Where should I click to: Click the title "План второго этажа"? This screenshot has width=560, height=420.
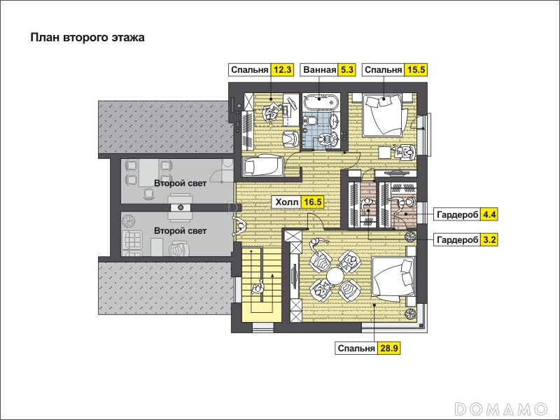[87, 38]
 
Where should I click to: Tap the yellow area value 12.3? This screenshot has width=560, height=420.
[282, 69]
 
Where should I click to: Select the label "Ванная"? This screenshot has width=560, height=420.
[320, 69]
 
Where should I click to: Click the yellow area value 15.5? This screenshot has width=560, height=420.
[416, 69]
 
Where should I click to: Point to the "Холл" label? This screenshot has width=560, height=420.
[287, 202]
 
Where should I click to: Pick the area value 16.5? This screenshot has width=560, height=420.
[312, 202]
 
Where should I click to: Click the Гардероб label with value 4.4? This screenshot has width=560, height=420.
[458, 215]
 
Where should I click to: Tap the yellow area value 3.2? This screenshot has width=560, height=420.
[489, 239]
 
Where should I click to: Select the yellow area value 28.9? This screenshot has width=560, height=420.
[389, 348]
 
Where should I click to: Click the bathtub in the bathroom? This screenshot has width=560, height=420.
[321, 101]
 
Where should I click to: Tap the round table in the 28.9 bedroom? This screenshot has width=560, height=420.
[335, 276]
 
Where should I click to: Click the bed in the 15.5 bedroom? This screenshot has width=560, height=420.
[386, 115]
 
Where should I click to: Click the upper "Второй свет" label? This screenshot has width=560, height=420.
[180, 183]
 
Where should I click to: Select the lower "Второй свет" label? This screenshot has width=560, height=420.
[180, 231]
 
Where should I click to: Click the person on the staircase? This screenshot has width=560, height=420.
[257, 288]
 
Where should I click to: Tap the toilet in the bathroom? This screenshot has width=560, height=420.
[311, 120]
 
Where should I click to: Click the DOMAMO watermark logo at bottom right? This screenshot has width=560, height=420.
[501, 408]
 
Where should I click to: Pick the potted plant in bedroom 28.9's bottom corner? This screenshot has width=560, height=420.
[410, 313]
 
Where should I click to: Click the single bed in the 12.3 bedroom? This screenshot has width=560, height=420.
[263, 166]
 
